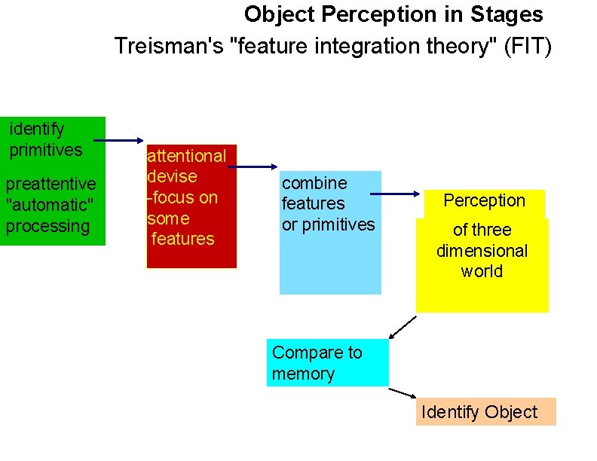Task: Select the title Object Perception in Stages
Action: (x=393, y=14)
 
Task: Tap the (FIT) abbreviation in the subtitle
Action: (x=525, y=47)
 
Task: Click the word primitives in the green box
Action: (x=45, y=150)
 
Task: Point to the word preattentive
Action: (x=51, y=184)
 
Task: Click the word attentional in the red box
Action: (x=186, y=156)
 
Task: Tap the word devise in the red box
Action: (x=172, y=177)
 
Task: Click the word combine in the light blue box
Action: (x=314, y=183)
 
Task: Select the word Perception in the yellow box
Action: (x=484, y=200)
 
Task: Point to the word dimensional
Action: (x=482, y=251)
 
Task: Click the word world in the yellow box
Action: (x=482, y=271)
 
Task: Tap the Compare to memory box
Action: (x=328, y=363)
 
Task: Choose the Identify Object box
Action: (x=485, y=412)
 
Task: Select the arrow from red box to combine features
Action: (x=253, y=166)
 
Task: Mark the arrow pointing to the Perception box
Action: (x=398, y=194)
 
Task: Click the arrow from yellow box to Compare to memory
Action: (x=403, y=328)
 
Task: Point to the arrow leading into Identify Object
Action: (x=403, y=393)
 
